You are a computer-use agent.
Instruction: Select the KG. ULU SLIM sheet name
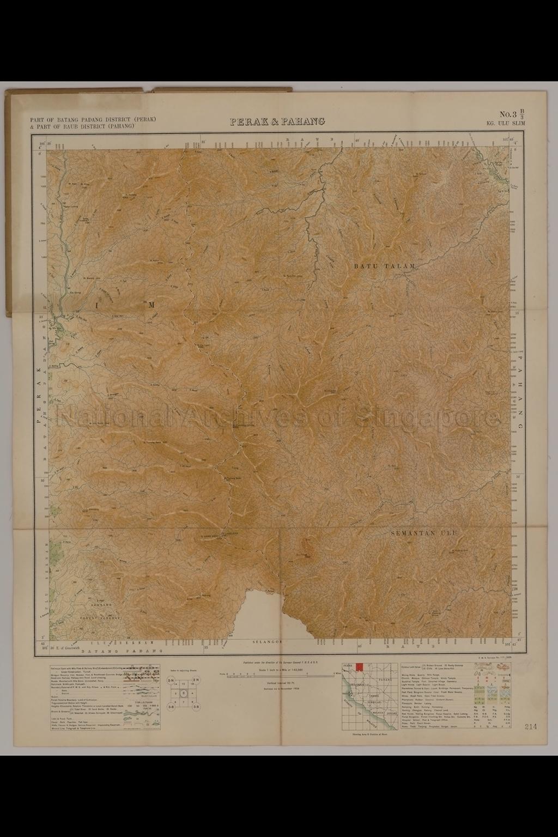[x=506, y=124]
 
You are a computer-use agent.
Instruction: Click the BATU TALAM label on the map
[x=385, y=266]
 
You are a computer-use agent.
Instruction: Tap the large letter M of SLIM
[x=151, y=305]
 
